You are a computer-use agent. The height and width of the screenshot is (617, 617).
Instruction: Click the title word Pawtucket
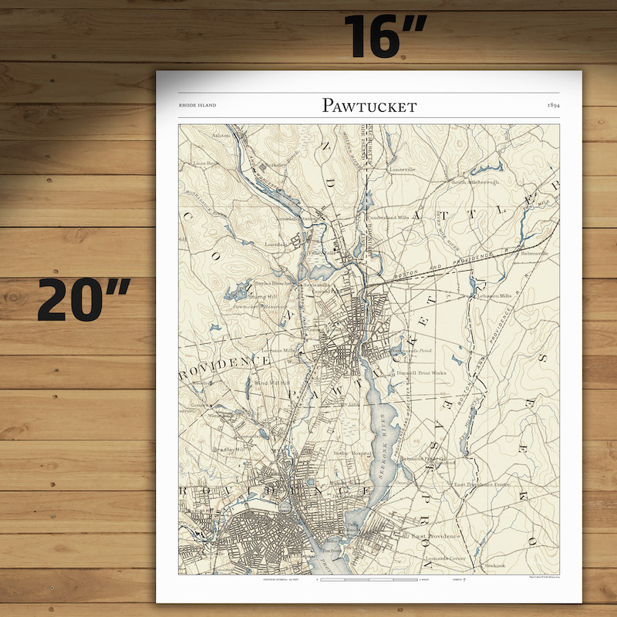pyautogui.click(x=369, y=105)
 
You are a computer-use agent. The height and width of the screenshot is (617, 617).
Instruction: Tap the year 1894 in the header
pyautogui.click(x=553, y=105)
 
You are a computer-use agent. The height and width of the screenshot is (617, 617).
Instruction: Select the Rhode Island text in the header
pyautogui.click(x=197, y=105)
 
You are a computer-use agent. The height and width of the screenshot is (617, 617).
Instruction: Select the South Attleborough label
pyautogui.click(x=475, y=182)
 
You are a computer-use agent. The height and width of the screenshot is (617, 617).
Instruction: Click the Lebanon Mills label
pyautogui.click(x=494, y=295)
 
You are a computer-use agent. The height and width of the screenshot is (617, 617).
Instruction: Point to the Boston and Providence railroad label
pyautogui.click(x=432, y=266)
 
